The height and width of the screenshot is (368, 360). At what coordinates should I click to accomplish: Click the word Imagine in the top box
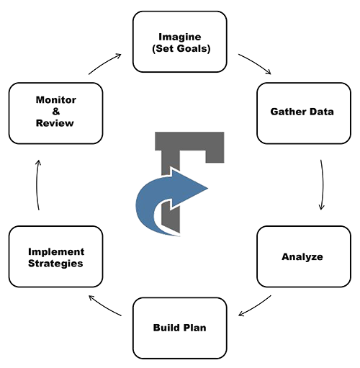(x=180, y=37)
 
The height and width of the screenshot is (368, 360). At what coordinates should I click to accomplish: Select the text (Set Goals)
(x=181, y=48)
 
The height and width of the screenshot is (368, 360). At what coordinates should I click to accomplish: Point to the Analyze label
(x=302, y=257)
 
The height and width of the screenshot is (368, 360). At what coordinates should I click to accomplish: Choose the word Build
(x=164, y=328)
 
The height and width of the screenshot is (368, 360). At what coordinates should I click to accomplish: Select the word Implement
(x=56, y=252)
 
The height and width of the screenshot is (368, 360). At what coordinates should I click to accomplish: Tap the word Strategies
(x=55, y=264)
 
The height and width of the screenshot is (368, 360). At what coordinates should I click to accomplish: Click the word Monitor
(x=56, y=100)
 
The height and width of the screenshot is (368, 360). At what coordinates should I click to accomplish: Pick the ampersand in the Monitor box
(x=56, y=112)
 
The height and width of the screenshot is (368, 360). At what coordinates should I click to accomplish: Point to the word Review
(x=55, y=123)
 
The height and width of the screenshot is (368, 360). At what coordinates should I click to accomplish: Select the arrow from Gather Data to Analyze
(x=323, y=185)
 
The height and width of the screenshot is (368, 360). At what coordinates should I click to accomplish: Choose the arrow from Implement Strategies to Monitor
(x=37, y=185)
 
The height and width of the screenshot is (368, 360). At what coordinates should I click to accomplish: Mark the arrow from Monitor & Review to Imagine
(x=104, y=63)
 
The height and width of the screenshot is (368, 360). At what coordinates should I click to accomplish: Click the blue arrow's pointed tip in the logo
(x=208, y=188)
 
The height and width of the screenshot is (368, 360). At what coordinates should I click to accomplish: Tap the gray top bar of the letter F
(x=189, y=141)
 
